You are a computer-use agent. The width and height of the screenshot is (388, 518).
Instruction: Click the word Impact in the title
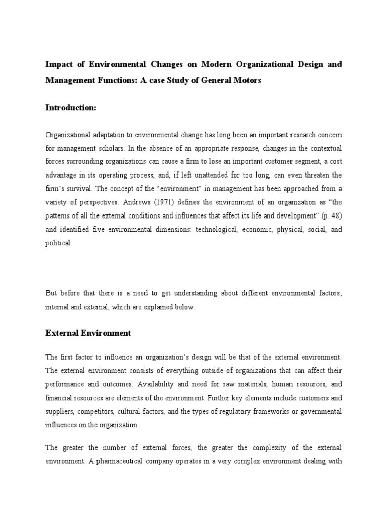(x=59, y=65)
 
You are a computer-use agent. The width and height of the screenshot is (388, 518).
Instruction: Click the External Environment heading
(x=88, y=333)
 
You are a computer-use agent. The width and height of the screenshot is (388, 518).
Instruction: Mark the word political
(x=59, y=243)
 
